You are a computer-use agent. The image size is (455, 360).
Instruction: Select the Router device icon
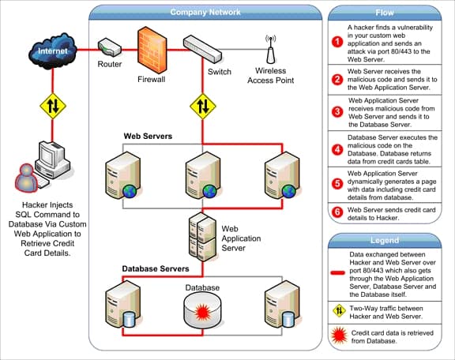108,48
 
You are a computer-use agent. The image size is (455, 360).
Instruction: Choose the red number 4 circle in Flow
337,148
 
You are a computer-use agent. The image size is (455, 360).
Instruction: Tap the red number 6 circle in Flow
337,212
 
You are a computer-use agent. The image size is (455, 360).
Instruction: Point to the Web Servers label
147,137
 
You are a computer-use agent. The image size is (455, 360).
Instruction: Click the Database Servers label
155,269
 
